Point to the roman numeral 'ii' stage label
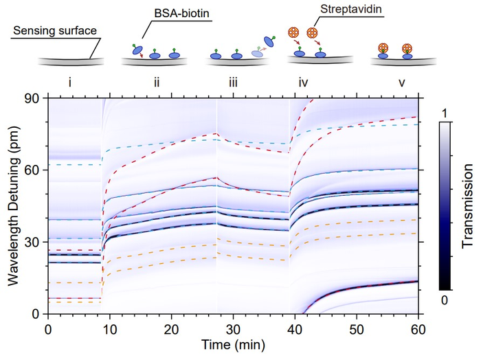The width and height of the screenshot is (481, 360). pyautogui.click(x=157, y=83)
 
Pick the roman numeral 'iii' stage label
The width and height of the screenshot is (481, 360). pyautogui.click(x=234, y=83)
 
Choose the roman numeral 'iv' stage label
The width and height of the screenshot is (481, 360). pyautogui.click(x=303, y=83)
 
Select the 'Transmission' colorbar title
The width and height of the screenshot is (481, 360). pyautogui.click(x=467, y=207)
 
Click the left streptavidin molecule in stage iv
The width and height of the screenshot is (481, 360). pyautogui.click(x=293, y=32)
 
